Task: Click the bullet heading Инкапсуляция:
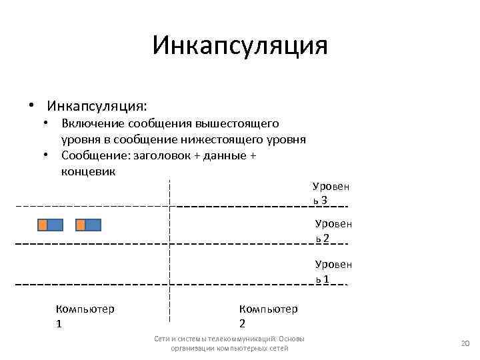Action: tap(97, 106)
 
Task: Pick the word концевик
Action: tap(88, 171)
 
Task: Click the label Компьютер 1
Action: tap(85, 315)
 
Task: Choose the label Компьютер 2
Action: tap(268, 315)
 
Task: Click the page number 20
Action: tap(466, 343)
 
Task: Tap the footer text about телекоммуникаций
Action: tap(229, 343)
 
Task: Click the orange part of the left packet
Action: tap(42, 225)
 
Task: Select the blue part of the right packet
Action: tap(93, 225)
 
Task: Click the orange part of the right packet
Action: tap(81, 225)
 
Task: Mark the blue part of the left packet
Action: tap(55, 225)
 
